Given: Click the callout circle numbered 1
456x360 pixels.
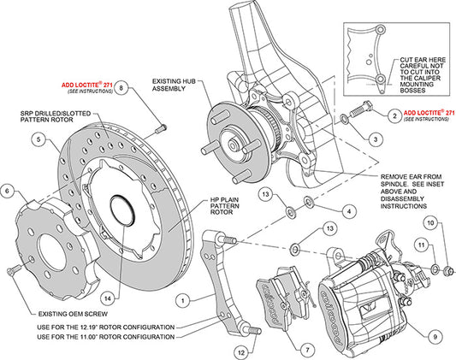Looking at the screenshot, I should (x=181, y=300).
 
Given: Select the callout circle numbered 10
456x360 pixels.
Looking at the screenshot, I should (x=430, y=223).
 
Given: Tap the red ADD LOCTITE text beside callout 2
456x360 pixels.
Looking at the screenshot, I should (x=429, y=113).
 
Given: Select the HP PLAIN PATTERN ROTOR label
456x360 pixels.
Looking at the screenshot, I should (x=232, y=205).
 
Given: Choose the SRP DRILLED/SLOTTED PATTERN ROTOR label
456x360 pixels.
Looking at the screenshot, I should (x=56, y=115).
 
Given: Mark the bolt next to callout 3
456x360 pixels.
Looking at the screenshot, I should (x=359, y=112).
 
